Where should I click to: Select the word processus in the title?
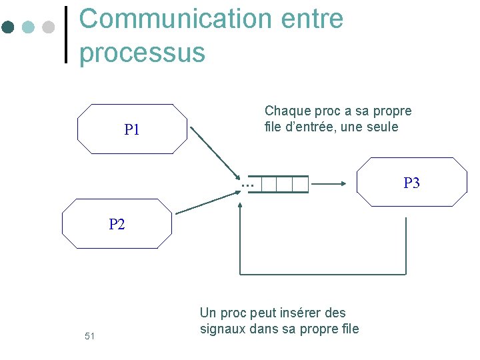(x=142, y=52)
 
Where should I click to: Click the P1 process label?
(x=132, y=130)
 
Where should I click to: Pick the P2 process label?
(x=117, y=225)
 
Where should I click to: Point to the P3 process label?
(x=411, y=183)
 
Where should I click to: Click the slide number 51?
(x=90, y=336)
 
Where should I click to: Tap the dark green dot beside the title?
(x=8, y=27)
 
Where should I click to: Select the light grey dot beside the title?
(x=48, y=27)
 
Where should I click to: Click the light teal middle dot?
(x=28, y=27)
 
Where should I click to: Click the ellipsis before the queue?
(x=248, y=184)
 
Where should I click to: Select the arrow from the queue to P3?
(x=328, y=183)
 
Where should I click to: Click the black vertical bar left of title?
(x=66, y=35)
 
